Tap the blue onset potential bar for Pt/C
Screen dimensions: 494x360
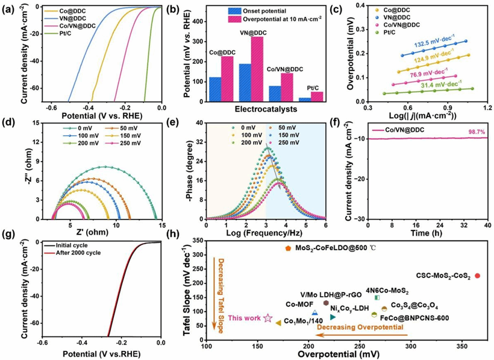pyautogui.click(x=305, y=99)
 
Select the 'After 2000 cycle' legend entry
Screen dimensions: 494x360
pyautogui.click(x=73, y=253)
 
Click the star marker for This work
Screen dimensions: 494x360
pyautogui.click(x=268, y=318)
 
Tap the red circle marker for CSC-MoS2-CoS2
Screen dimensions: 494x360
pyautogui.click(x=477, y=276)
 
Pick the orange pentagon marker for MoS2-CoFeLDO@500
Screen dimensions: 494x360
pyautogui.click(x=288, y=248)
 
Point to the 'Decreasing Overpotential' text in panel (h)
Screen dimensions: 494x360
pyautogui.click(x=360, y=327)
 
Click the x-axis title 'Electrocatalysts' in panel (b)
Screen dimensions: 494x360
pyautogui.click(x=266, y=109)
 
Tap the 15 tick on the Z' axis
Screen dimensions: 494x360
pyautogui.click(x=161, y=225)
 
